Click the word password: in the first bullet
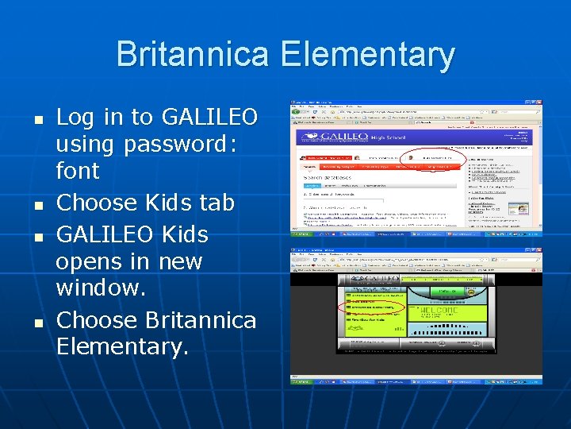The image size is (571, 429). [x=176, y=144]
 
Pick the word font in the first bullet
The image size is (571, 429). [x=78, y=171]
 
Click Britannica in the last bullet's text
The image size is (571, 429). [x=201, y=319]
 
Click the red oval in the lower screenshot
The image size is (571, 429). [x=372, y=306]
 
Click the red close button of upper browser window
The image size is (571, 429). [x=539, y=103]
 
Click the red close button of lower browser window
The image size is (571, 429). [x=539, y=251]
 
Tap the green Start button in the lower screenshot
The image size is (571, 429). [x=300, y=381]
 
